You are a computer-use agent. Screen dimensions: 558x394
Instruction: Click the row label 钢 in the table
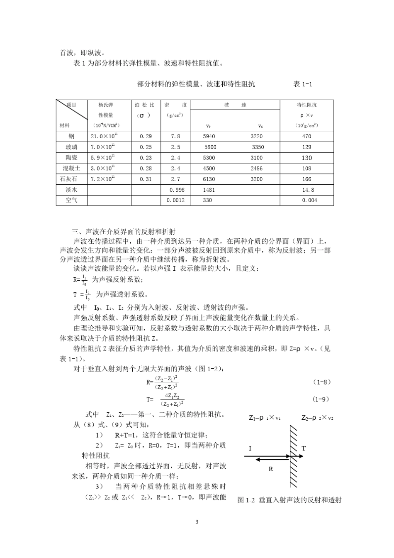click(71, 136)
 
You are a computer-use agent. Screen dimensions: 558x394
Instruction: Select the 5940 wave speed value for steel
click(209, 136)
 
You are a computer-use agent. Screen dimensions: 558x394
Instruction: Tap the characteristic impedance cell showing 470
click(306, 136)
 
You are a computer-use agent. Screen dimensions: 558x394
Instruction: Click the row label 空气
click(71, 200)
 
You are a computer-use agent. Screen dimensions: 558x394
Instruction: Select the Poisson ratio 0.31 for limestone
click(146, 179)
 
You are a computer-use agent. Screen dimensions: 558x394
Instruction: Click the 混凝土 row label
click(71, 168)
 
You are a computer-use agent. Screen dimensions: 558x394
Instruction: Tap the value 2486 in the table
click(256, 168)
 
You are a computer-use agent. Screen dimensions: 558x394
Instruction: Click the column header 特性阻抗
click(306, 105)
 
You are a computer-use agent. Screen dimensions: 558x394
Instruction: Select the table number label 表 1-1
click(303, 84)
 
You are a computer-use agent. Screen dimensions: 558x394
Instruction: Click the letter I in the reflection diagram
click(250, 448)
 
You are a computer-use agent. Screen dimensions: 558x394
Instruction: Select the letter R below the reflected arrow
click(271, 469)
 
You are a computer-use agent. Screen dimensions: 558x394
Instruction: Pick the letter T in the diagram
click(304, 448)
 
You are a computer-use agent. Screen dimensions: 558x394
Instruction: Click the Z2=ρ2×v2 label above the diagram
click(317, 418)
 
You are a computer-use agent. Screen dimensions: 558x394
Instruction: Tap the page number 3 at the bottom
click(197, 522)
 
